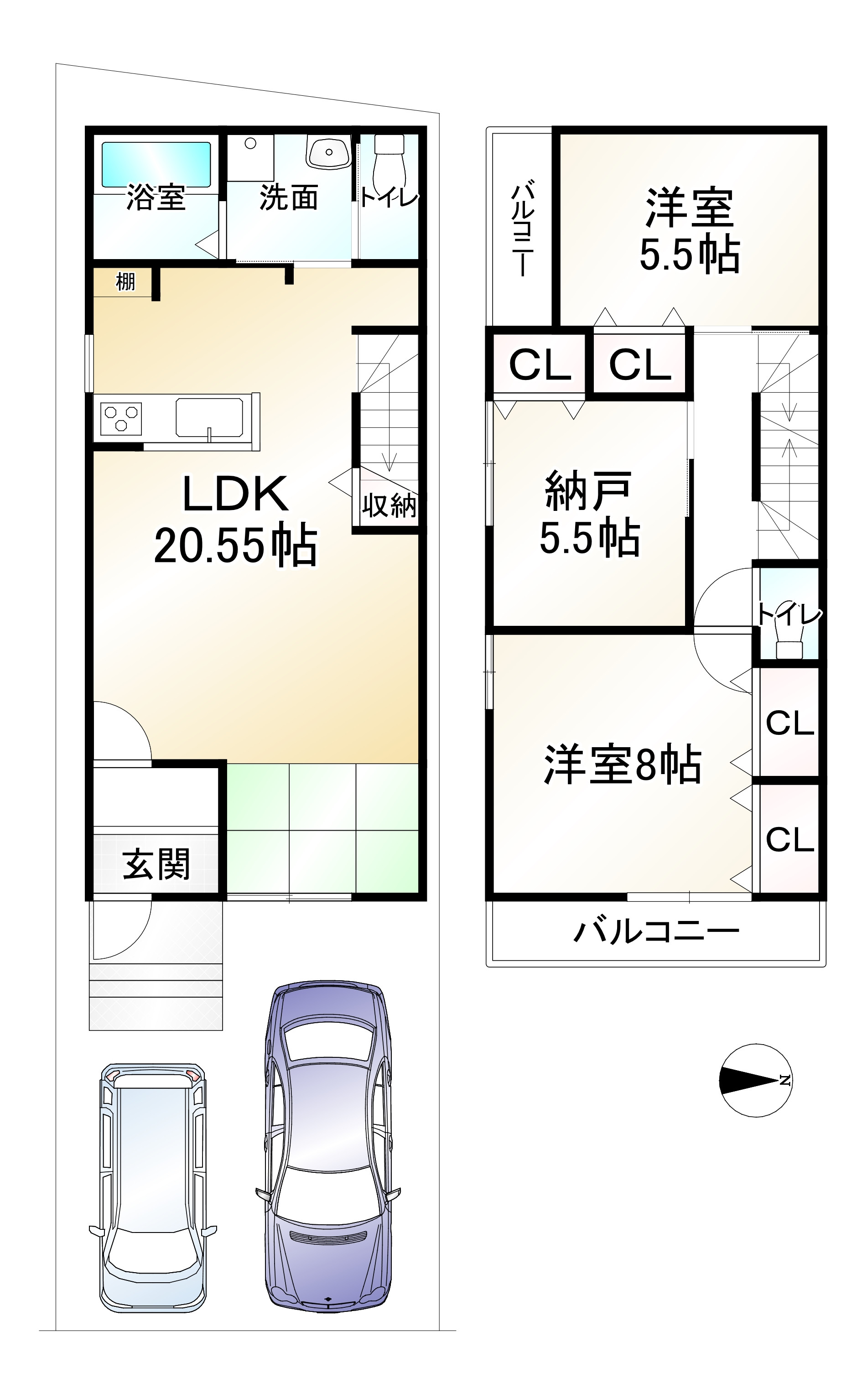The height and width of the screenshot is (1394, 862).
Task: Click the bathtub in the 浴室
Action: (156, 164)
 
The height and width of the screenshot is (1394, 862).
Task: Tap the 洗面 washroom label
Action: (288, 198)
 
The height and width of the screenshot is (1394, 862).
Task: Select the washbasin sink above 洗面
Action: (328, 151)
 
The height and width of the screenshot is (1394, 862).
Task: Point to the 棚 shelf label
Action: (125, 281)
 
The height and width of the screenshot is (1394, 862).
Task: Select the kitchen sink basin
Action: (209, 417)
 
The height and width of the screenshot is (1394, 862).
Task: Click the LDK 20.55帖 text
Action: (235, 520)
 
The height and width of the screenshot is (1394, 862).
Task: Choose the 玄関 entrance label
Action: (156, 864)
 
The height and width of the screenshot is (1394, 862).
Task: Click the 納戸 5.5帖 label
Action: (589, 513)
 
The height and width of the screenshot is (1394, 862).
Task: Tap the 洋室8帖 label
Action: (623, 764)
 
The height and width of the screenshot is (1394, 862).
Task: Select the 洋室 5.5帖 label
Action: (689, 231)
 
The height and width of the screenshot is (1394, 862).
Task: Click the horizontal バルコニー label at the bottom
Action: (656, 932)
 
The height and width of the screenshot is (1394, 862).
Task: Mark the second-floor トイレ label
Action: (789, 614)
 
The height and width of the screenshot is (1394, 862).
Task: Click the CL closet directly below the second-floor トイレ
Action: (789, 723)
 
